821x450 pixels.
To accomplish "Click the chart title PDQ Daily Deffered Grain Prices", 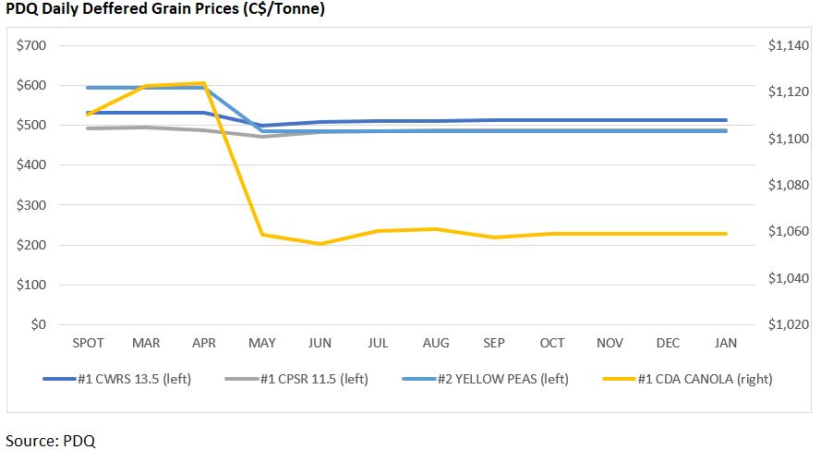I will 164,9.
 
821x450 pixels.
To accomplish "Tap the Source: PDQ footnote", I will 51,440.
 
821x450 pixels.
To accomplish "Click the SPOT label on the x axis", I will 89,343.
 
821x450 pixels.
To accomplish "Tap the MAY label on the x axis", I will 262,343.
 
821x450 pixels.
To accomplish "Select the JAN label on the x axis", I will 727,343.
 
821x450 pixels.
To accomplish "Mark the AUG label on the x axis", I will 436,343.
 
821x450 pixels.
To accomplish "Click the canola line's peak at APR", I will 204,83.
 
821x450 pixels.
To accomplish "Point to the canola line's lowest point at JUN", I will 320,244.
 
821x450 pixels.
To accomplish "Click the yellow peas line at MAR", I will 146,88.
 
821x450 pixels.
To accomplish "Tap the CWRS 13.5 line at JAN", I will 727,120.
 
